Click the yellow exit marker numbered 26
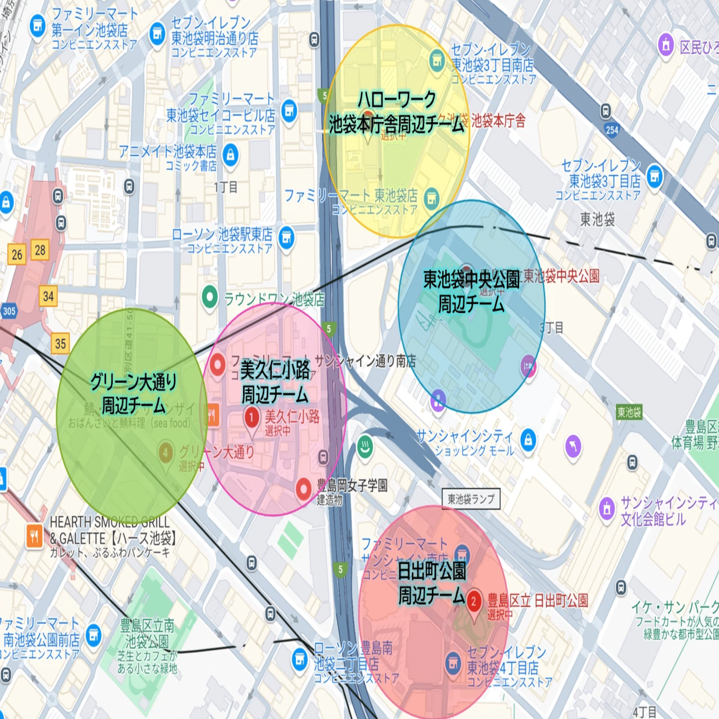(17, 254)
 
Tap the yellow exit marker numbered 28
(40, 250)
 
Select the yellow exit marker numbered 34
(48, 296)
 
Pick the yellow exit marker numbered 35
(60, 343)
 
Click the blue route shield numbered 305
(8, 311)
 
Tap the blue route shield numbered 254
(612, 130)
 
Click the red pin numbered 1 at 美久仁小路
(251, 417)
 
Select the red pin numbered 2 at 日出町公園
(473, 602)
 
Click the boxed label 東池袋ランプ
(470, 499)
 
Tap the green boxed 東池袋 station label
(629, 412)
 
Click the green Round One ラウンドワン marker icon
(210, 297)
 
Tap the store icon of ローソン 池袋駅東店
(286, 238)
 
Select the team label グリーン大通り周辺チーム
(133, 393)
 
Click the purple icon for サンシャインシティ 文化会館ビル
(607, 508)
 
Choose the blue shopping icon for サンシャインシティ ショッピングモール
(528, 439)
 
